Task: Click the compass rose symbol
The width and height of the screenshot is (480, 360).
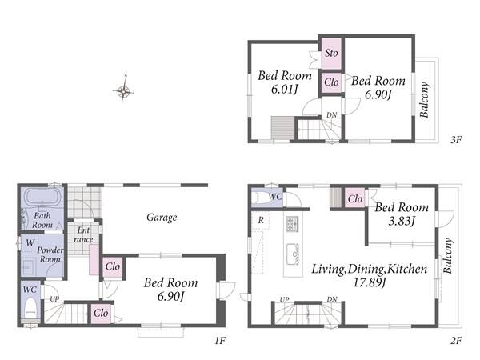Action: pos(123,90)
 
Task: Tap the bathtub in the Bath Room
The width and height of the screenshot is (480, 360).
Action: pos(42,196)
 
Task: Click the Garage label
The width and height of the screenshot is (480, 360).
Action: pos(162,218)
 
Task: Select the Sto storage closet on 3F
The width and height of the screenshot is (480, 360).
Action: pos(331,54)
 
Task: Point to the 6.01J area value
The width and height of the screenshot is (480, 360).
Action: pos(285,90)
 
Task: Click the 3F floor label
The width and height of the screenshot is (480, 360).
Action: pos(456,139)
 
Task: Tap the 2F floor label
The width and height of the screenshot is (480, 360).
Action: pos(456,340)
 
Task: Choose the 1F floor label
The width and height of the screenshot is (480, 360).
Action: pos(220,340)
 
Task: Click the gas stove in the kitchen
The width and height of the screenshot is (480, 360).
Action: pos(292,223)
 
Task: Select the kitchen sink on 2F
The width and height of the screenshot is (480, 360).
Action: pos(293,254)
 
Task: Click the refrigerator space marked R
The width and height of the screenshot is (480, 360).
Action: pos(261,220)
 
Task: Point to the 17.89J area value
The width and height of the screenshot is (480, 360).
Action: pos(369,282)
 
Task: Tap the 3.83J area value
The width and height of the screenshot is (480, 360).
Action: pos(402,221)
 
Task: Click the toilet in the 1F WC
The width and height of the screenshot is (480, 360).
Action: pos(30,309)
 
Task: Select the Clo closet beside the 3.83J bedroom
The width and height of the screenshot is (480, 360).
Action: pos(354,199)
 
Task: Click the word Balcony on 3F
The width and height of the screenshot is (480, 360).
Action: pos(425,99)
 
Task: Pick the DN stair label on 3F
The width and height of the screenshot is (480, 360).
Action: pos(331,115)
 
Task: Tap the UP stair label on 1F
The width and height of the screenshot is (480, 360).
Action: pos(54,298)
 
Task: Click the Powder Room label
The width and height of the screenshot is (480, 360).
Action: pos(50,254)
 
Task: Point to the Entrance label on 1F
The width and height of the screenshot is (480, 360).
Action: pos(83,234)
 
